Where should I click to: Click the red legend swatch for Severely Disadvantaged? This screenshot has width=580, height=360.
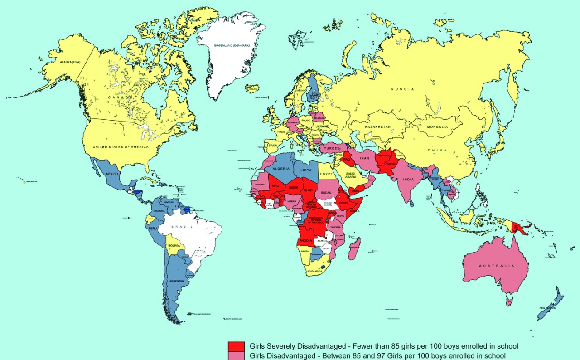(236, 346)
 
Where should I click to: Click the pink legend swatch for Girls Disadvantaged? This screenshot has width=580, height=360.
(236, 356)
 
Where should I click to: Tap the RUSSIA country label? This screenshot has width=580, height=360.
(403, 89)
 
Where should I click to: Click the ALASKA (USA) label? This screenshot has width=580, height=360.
(67, 62)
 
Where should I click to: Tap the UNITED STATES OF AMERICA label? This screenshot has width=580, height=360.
(124, 147)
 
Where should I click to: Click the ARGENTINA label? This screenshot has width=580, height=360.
(177, 281)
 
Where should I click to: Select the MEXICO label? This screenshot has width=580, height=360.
(112, 174)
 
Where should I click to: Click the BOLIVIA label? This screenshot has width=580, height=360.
(174, 245)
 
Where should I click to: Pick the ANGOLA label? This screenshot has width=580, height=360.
(306, 240)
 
